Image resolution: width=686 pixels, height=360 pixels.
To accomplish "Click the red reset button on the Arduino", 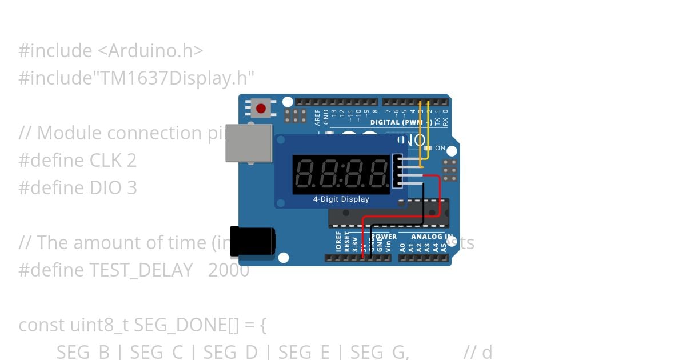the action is pos(261,108).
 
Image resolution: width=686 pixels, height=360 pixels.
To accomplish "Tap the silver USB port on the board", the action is pos(249,142).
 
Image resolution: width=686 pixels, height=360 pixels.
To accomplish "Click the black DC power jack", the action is pos(254,241).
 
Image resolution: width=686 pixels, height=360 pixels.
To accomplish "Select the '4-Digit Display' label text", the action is pos(341,199).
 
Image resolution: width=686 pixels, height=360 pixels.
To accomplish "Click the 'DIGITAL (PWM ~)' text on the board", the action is pos(401,122).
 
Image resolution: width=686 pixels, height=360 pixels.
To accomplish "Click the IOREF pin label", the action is pos(338,242).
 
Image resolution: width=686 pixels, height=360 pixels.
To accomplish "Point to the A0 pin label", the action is pos(402,247).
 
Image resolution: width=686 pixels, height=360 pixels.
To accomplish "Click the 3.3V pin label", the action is pos(355,245).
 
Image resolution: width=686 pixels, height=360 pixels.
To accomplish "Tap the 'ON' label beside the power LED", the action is pos(440,148).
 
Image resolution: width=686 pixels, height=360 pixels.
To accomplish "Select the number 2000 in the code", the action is pos(229,270).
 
